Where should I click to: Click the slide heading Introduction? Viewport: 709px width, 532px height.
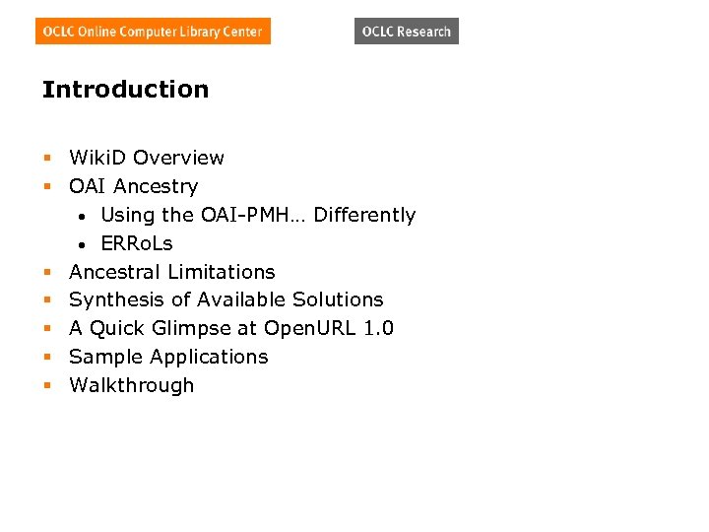pos(125,90)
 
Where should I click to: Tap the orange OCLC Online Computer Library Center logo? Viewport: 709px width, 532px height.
pos(153,32)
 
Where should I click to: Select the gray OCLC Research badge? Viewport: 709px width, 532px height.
pos(406,32)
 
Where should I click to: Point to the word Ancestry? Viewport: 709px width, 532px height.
pos(156,186)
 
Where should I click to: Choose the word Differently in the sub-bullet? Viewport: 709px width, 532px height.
pos(364,215)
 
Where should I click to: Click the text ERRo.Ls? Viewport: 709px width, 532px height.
pos(137,243)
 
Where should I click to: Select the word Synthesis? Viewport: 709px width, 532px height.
pos(112,299)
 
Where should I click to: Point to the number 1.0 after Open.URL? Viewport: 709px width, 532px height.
pos(378,328)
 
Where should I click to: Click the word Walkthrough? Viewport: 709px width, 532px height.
pos(132,385)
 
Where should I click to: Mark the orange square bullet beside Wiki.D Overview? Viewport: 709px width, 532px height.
pos(46,159)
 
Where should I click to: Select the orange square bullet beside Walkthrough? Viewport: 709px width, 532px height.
pos(46,386)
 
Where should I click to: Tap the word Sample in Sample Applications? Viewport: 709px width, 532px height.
pos(103,357)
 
